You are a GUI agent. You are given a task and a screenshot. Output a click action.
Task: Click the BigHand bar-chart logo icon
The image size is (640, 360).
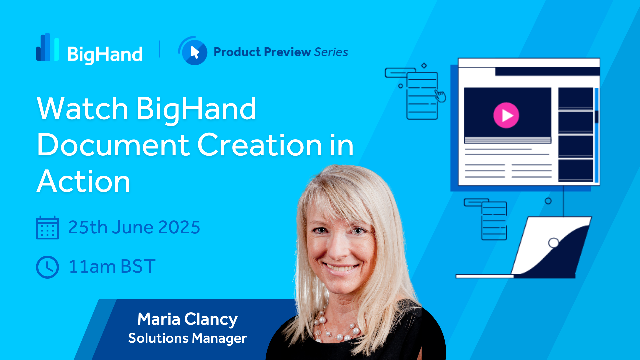point(47,47)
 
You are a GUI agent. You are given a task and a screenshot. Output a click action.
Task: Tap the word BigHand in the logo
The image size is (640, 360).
point(105,54)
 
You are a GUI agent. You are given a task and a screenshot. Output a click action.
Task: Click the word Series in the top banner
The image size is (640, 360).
point(331,52)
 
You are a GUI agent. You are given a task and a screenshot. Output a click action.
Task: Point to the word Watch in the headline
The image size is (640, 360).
point(83,108)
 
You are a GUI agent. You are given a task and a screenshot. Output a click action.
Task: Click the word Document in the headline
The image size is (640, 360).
point(113,145)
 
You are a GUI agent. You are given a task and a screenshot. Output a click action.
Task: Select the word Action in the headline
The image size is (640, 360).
point(83,181)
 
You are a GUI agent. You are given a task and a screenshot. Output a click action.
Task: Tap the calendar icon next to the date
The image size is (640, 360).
point(47,228)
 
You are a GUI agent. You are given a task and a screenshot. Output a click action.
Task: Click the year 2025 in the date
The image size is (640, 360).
point(179,227)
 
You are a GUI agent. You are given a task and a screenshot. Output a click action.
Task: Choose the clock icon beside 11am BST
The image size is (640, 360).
point(47,267)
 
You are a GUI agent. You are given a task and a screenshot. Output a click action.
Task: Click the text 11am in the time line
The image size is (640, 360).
point(92,267)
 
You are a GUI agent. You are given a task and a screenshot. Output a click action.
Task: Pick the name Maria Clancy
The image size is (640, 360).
point(187,319)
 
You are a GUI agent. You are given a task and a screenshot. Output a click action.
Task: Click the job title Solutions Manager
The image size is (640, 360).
point(187,338)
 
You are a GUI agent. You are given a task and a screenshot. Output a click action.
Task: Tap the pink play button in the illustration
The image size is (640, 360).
point(506,115)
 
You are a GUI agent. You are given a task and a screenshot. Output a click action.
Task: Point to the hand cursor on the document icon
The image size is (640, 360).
point(440,96)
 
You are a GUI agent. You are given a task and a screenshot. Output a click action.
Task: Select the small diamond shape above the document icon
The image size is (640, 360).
point(424,66)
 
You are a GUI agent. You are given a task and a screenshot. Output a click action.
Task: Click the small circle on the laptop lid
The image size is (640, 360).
point(554,243)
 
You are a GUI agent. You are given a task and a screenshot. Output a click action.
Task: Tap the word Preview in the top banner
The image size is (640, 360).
point(287,52)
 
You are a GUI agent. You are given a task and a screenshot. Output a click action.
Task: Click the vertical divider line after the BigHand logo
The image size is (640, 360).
point(160,49)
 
